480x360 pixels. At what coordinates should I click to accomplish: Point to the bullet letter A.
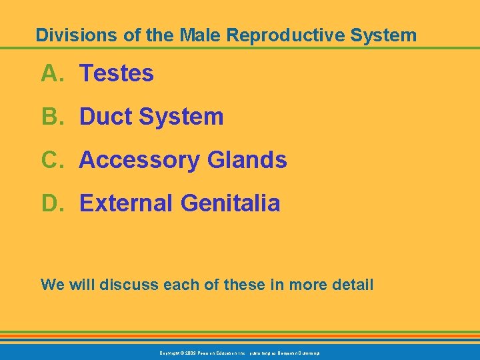click(x=51, y=73)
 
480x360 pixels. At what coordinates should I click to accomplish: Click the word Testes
click(x=117, y=73)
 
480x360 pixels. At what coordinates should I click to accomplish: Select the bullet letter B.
click(x=51, y=117)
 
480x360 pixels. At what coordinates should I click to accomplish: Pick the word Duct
click(x=105, y=117)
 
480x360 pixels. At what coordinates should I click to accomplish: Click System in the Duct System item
click(x=181, y=117)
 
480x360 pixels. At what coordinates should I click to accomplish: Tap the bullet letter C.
click(x=51, y=160)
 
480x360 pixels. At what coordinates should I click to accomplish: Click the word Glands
click(x=247, y=160)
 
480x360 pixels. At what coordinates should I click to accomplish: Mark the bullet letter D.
click(x=51, y=203)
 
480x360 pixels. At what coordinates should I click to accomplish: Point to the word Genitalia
click(x=230, y=203)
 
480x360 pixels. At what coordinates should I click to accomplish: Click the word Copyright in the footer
click(x=171, y=352)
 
